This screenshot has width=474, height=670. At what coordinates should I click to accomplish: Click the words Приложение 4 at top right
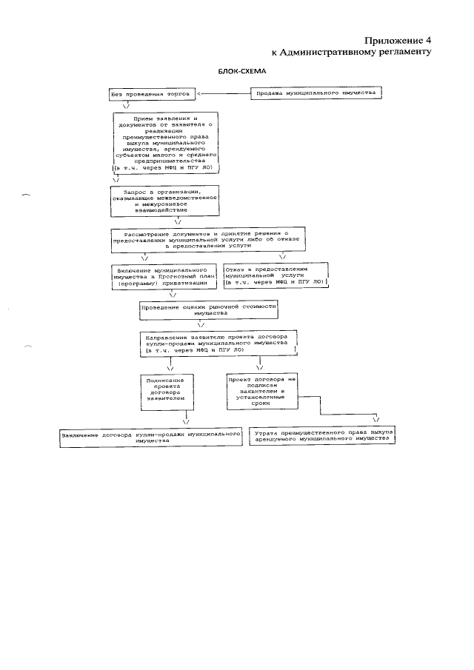coord(397,40)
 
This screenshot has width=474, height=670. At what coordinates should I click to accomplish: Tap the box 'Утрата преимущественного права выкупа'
coord(321,435)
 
